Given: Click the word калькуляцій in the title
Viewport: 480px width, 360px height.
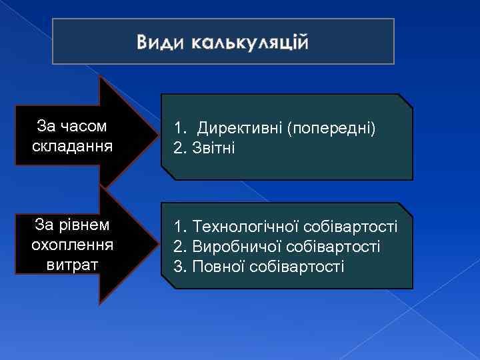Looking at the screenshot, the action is pyautogui.click(x=249, y=44).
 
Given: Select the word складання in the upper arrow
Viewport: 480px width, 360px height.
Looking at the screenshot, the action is pyautogui.click(x=71, y=145).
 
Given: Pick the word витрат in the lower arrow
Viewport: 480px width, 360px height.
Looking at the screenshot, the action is pyautogui.click(x=72, y=264).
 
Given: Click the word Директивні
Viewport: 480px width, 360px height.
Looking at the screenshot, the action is pyautogui.click(x=239, y=127).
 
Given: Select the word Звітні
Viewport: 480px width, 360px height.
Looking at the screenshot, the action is pyautogui.click(x=213, y=147).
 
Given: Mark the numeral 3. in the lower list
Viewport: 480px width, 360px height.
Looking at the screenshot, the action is pyautogui.click(x=179, y=266).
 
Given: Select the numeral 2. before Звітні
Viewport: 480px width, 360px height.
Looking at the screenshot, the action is pyautogui.click(x=179, y=147).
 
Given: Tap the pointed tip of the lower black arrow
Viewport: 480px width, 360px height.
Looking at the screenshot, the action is pyautogui.click(x=151, y=244).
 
